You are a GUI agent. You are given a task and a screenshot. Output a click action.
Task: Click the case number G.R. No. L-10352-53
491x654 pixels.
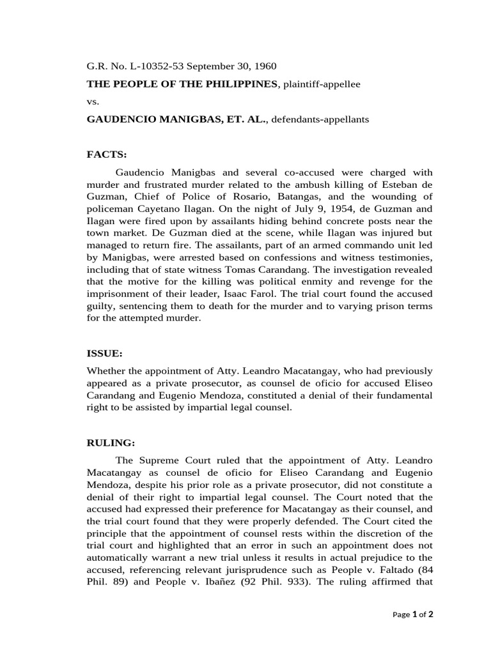click(x=130, y=66)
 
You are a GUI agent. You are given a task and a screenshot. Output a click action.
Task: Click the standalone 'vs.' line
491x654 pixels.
click(x=93, y=102)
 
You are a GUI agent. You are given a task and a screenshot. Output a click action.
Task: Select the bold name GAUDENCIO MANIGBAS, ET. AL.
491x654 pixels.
click(x=177, y=119)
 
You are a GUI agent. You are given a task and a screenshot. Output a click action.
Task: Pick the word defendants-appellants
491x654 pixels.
click(x=320, y=119)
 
